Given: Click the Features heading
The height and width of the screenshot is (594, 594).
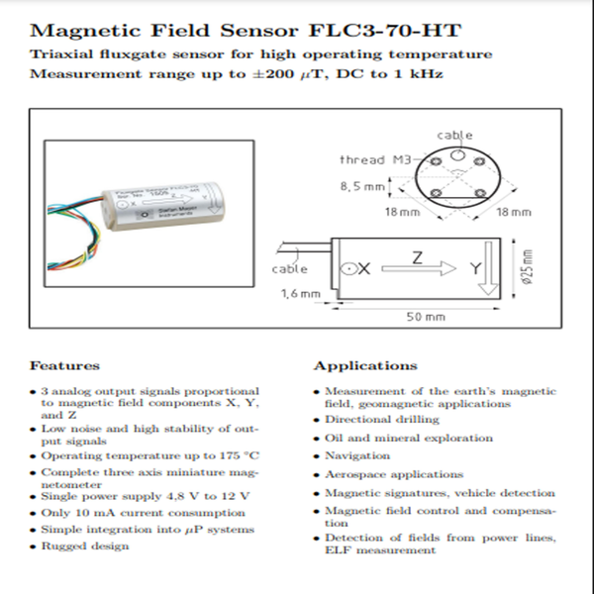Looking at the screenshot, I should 64,365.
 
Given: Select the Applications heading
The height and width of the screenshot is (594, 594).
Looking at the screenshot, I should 365,365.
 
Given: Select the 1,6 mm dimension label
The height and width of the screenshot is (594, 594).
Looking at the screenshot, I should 300,293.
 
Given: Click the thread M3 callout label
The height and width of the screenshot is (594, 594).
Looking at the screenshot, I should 373,159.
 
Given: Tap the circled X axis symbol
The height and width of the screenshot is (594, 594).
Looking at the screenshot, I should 347,268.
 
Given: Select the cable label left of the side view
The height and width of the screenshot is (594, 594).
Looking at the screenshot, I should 289,268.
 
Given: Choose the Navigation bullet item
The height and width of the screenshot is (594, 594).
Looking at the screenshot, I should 357,455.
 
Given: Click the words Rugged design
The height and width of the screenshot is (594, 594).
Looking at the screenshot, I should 84,546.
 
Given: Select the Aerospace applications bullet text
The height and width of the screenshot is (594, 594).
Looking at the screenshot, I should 394,474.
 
